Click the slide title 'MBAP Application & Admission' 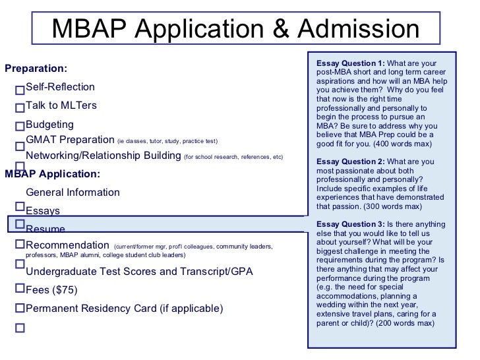pos(235,29)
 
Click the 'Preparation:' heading pos(36,69)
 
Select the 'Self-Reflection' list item pos(60,87)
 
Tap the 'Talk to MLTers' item pos(61,105)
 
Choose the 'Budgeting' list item pos(49,125)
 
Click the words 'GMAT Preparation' pos(70,140)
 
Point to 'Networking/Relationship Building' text pos(103,156)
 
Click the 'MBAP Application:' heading pos(52,174)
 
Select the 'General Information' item pos(73,193)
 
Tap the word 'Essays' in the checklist pos(43,211)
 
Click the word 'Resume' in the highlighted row pos(45,229)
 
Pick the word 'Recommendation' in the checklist pos(67,245)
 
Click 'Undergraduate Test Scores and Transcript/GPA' pos(139,272)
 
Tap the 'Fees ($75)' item pos(51,290)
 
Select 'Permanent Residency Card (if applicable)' pos(124,309)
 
